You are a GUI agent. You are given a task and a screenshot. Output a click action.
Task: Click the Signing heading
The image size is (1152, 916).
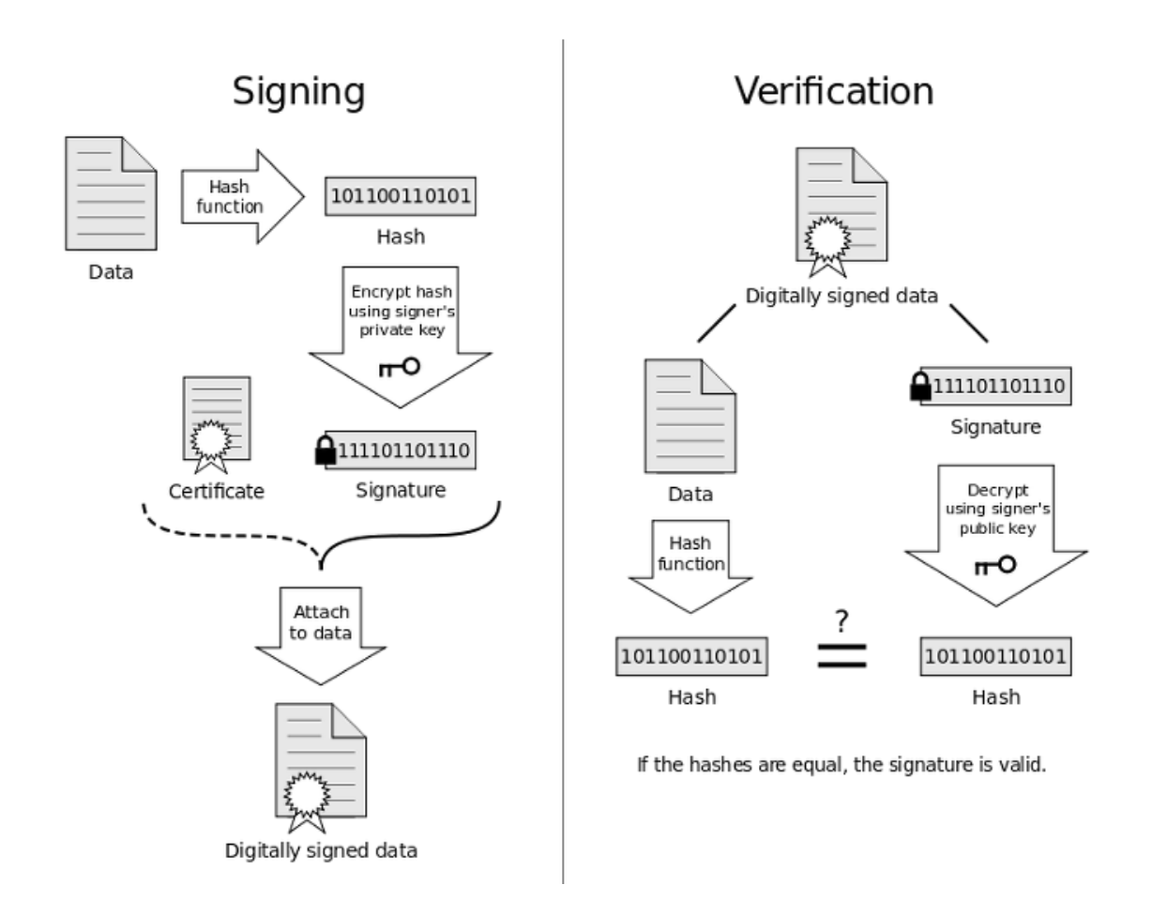pos(298,92)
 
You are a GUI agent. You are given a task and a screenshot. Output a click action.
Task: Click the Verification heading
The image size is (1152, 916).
pos(834,90)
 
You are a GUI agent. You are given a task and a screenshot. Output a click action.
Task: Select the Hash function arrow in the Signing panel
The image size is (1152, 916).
pos(242,197)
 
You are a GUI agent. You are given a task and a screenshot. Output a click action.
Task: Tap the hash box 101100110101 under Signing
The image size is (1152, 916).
pos(401,197)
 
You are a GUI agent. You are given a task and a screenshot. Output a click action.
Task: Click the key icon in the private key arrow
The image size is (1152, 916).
pos(399,367)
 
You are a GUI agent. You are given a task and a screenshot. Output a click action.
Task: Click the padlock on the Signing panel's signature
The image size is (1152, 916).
pos(326,450)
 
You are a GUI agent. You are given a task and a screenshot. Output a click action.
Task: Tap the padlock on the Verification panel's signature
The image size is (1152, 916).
pos(921,386)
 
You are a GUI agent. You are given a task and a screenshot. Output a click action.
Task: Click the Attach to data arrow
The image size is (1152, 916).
pos(321,631)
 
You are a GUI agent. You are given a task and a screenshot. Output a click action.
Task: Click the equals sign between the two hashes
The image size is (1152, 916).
pos(841,656)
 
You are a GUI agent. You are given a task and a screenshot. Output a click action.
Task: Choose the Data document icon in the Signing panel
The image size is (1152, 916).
pos(111,193)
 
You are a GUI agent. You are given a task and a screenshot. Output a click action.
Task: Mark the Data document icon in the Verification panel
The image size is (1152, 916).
pos(690,416)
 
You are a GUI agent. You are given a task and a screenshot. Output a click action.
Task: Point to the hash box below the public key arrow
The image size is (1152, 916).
pos(995,656)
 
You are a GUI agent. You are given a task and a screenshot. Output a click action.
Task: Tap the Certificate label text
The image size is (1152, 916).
pos(217,491)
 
